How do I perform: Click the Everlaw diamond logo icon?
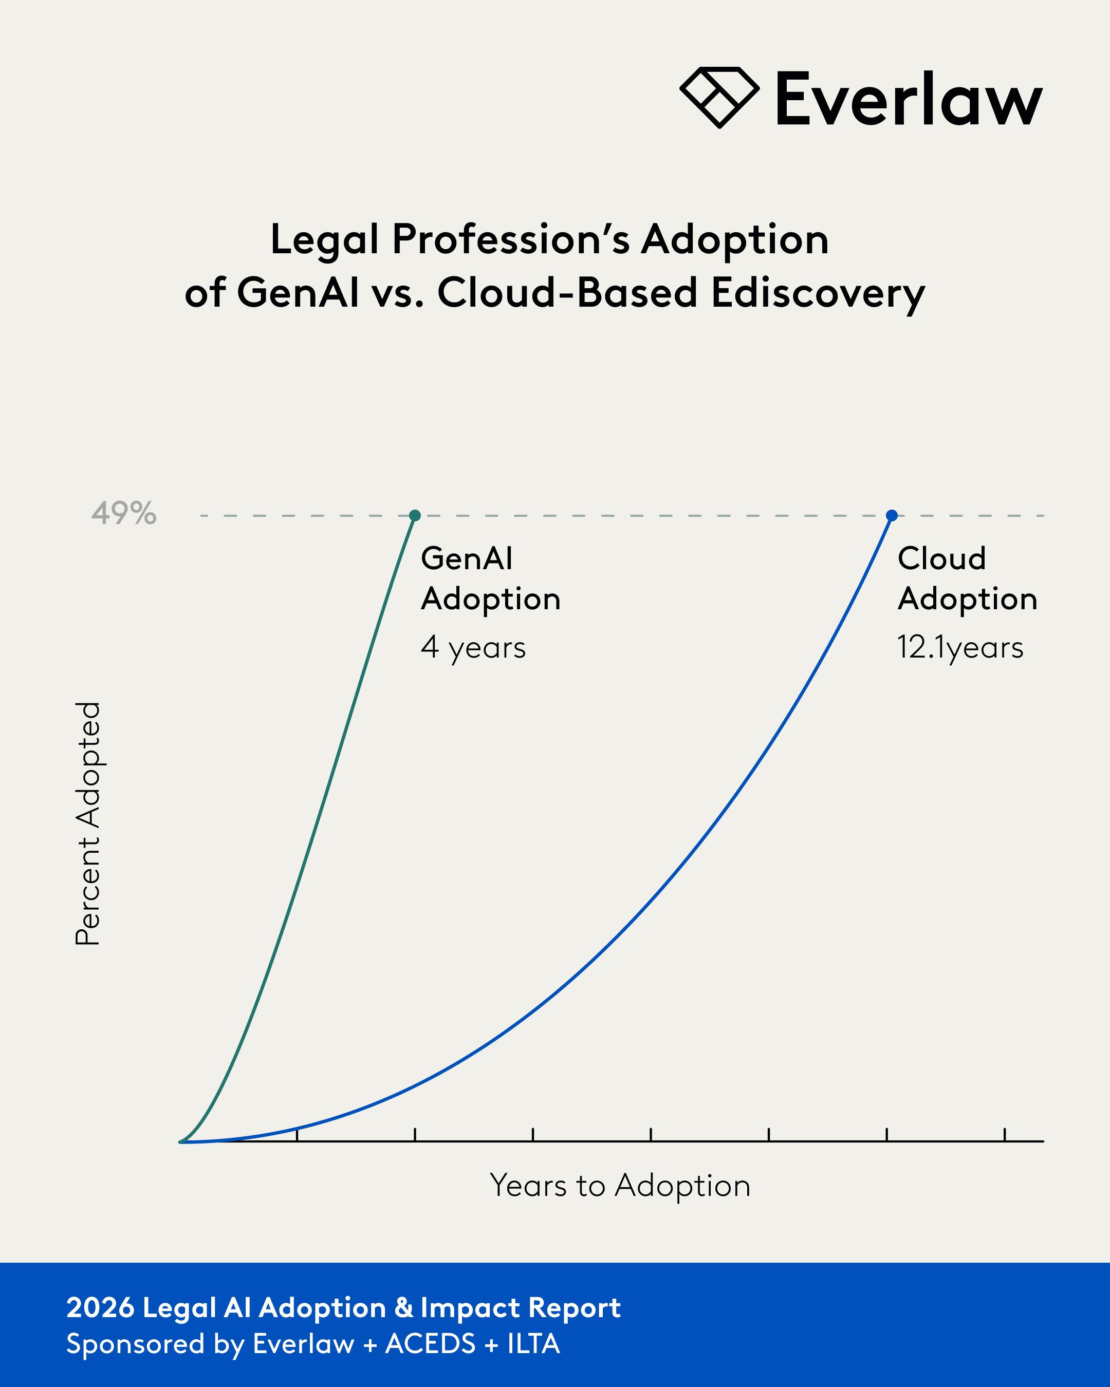click(719, 97)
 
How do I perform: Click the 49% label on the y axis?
click(123, 513)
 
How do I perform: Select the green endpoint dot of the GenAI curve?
click(415, 515)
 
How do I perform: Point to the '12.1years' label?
click(960, 647)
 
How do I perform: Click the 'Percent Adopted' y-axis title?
click(88, 823)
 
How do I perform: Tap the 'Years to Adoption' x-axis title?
click(620, 1185)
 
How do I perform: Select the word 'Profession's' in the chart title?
click(511, 239)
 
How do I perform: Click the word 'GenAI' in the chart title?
click(298, 293)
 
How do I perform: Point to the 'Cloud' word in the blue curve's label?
click(942, 558)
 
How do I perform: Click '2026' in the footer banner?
click(100, 1308)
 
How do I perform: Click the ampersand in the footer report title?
click(403, 1308)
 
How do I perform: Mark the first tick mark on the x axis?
click(297, 1135)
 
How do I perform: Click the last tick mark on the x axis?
click(1005, 1135)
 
